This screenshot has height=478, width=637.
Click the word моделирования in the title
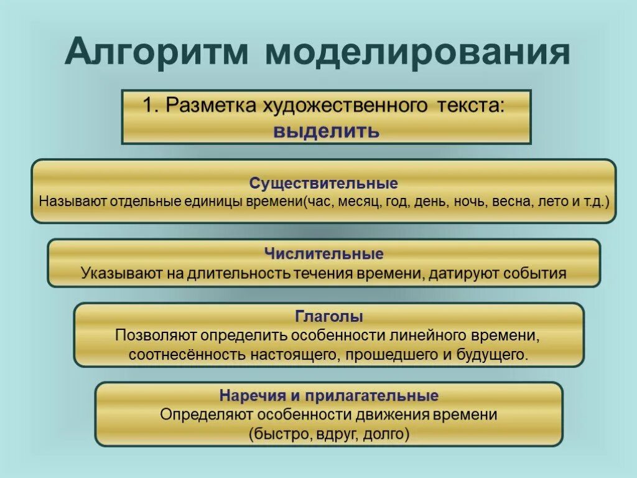pos(418,53)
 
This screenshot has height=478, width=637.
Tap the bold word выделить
pos(326,131)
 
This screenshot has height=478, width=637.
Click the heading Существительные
pos(323,184)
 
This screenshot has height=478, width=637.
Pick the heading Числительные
pos(323,254)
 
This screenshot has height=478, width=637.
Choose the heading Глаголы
pos(329,317)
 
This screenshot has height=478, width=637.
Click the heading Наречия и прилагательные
pos(329,396)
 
